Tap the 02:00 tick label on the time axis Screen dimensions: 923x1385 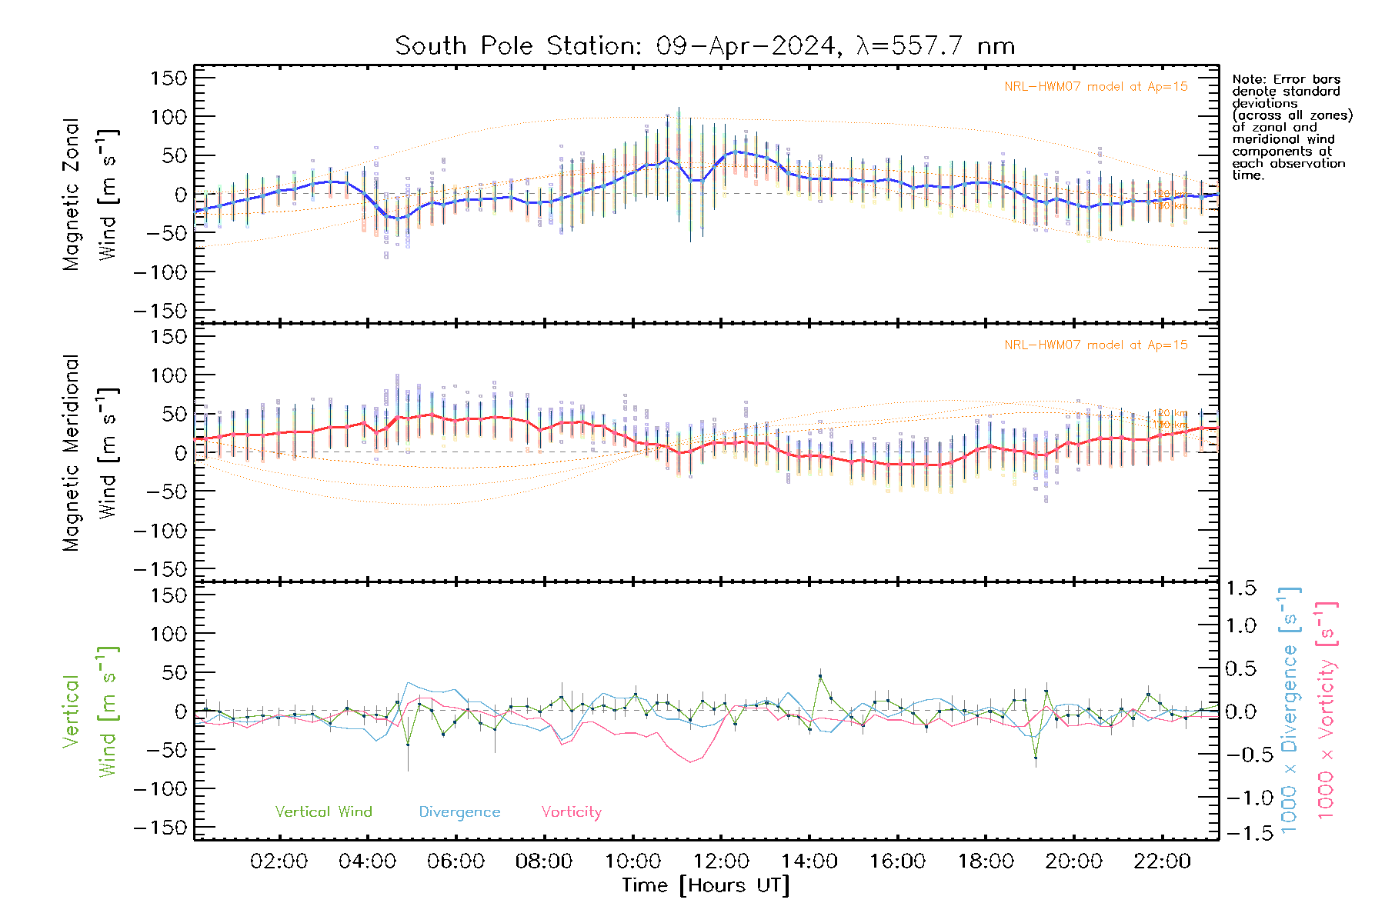[x=279, y=861]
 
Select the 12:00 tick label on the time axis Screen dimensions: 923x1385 [x=721, y=861]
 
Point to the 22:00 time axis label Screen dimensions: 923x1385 [x=1162, y=861]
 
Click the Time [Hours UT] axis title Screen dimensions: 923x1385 [x=706, y=885]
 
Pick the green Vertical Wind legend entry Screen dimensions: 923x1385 [x=323, y=811]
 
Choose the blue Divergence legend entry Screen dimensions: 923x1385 [x=459, y=811]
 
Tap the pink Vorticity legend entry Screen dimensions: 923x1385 [x=571, y=811]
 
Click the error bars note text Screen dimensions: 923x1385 [x=1291, y=127]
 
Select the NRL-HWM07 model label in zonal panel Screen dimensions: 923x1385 [x=1096, y=86]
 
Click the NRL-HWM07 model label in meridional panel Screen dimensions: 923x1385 [x=1096, y=345]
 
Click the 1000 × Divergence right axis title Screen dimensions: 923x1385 [x=1290, y=711]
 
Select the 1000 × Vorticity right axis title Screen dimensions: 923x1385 [x=1327, y=711]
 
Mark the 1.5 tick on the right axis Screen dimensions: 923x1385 [x=1240, y=588]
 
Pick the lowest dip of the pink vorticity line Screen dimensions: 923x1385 [x=691, y=761]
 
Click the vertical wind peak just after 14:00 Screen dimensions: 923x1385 [x=820, y=676]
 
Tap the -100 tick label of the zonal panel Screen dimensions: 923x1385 [x=160, y=272]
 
